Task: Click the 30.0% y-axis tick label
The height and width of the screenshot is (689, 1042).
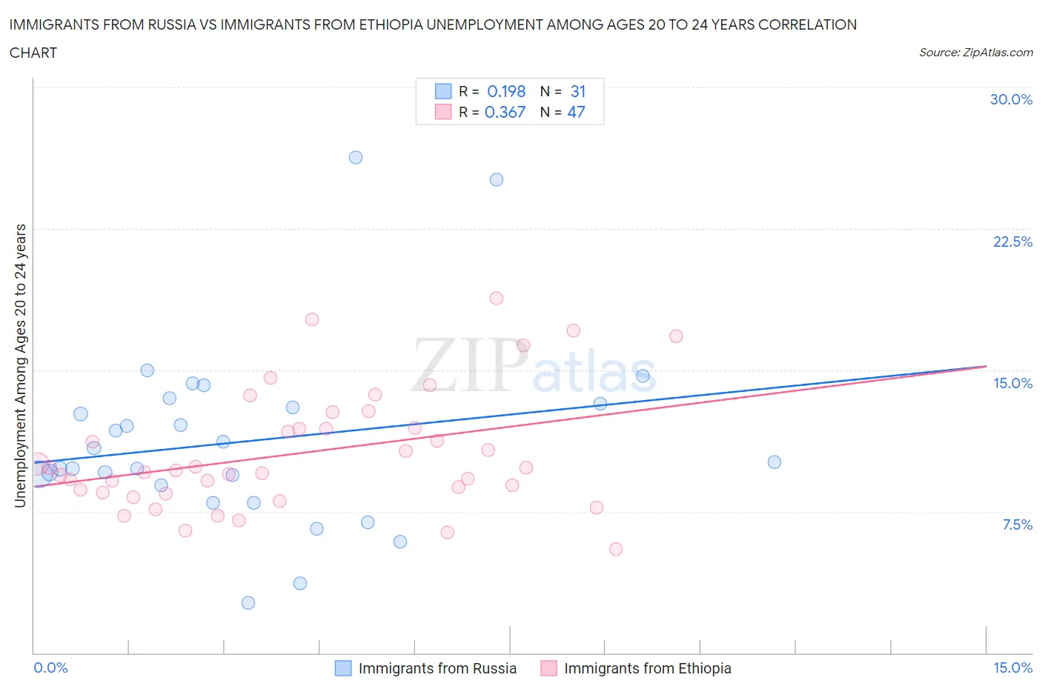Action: pos(1011,99)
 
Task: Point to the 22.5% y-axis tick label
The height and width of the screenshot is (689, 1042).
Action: pos(1012,242)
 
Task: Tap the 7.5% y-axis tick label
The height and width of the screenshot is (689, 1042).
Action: pos(1017,525)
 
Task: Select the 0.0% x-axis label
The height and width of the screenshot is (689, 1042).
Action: pos(51,668)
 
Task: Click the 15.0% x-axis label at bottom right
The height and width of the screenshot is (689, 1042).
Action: pos(1012,668)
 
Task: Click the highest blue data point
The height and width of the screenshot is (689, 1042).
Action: pos(356,157)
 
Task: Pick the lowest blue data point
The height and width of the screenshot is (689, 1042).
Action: pos(248,603)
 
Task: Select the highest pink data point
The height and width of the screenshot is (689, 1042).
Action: pos(497,298)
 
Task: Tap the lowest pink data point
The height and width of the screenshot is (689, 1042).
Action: pos(616,549)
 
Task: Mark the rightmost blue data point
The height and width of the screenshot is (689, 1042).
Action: pos(774,462)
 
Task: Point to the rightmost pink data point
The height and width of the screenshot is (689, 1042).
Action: pos(676,336)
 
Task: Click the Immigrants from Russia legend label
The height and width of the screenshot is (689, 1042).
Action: pos(437,668)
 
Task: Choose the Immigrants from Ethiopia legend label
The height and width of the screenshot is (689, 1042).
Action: pos(647,668)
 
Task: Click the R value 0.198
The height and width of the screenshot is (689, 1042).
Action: pos(506,91)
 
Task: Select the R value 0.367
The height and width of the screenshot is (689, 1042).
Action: pos(505,112)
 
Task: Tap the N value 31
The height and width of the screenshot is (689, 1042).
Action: pos(578,91)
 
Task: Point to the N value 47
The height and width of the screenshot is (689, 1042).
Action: pos(576,112)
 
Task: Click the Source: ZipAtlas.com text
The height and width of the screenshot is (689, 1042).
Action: pos(975,52)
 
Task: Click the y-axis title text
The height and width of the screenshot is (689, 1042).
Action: pos(20,366)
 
